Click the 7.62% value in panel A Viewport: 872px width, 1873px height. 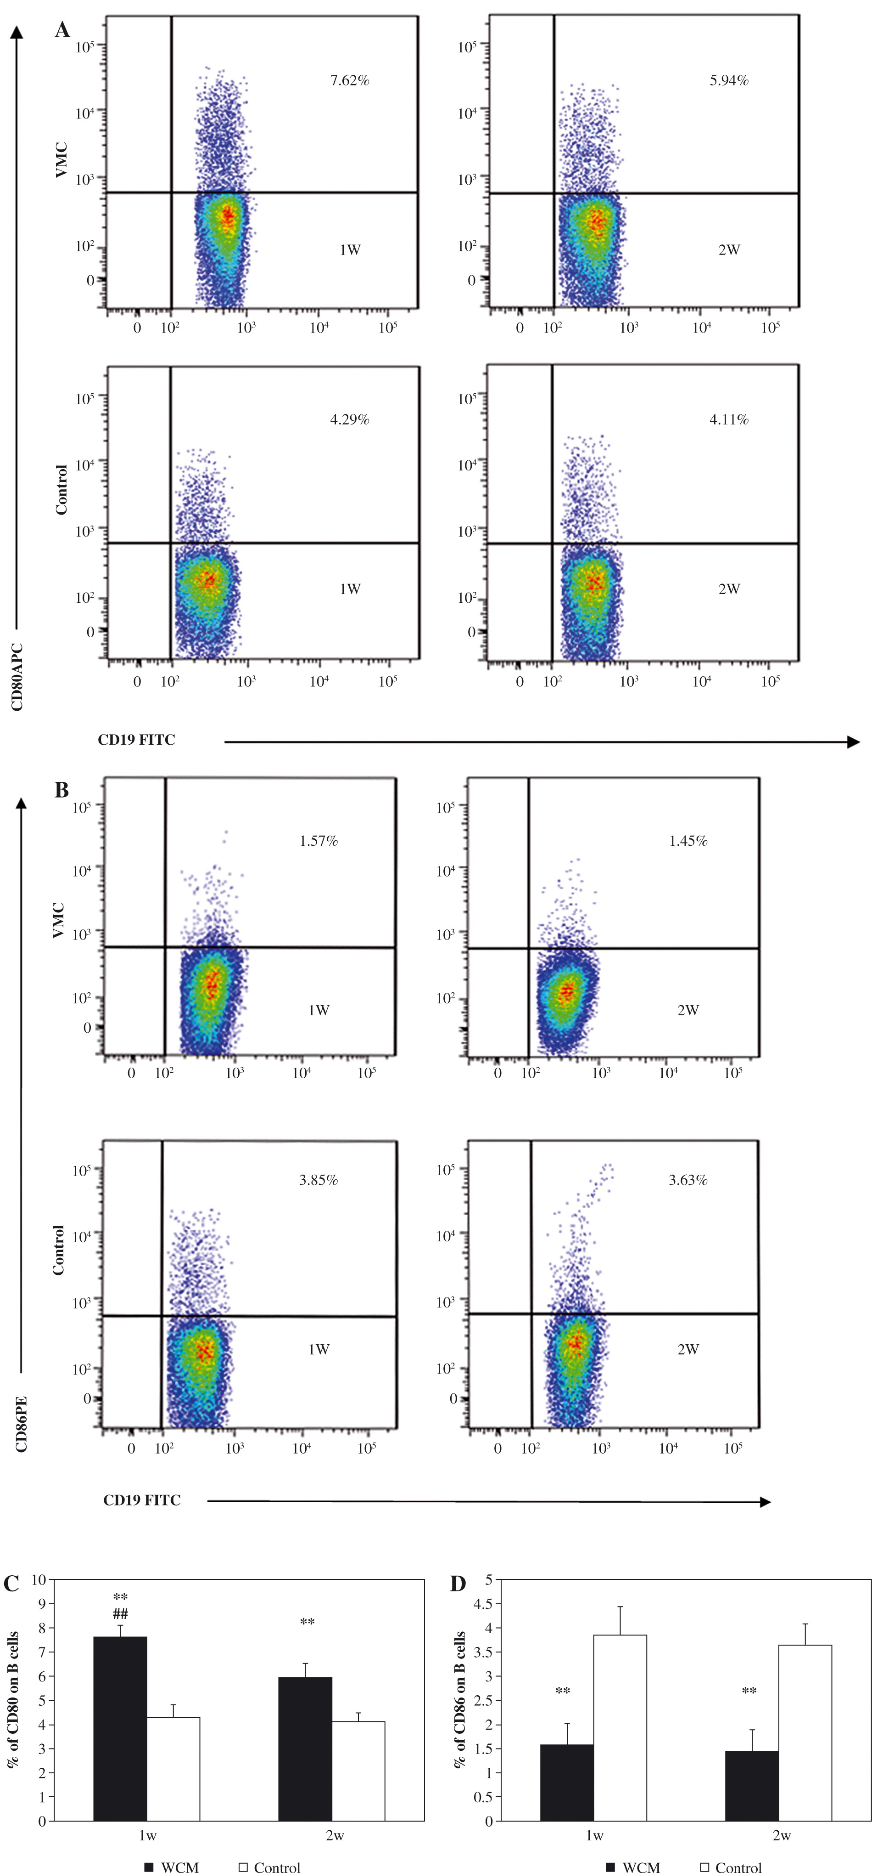(x=350, y=81)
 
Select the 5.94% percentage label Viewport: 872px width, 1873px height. (x=729, y=81)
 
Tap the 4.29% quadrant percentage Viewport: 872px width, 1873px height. (x=350, y=419)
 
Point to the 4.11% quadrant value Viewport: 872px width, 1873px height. (x=729, y=419)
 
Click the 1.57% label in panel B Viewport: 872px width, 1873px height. (x=319, y=841)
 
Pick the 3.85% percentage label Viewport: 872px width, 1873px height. (x=319, y=1180)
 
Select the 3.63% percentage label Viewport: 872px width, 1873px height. (x=688, y=1180)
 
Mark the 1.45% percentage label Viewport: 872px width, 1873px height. (x=688, y=841)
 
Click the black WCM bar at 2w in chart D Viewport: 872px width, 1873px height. (x=751, y=1788)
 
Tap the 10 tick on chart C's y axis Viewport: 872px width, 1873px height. (x=39, y=1579)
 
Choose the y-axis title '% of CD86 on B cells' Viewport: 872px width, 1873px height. (x=459, y=1700)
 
